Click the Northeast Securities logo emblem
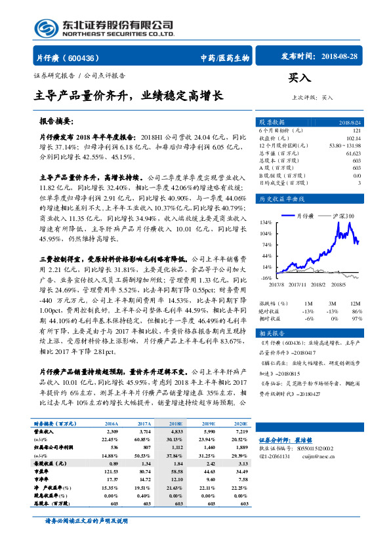pyautogui.click(x=41, y=28)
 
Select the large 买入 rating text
pyautogui.click(x=299, y=77)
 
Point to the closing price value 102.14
pyautogui.click(x=353, y=138)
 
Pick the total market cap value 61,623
pyautogui.click(x=353, y=153)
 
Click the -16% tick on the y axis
pyautogui.click(x=266, y=278)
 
